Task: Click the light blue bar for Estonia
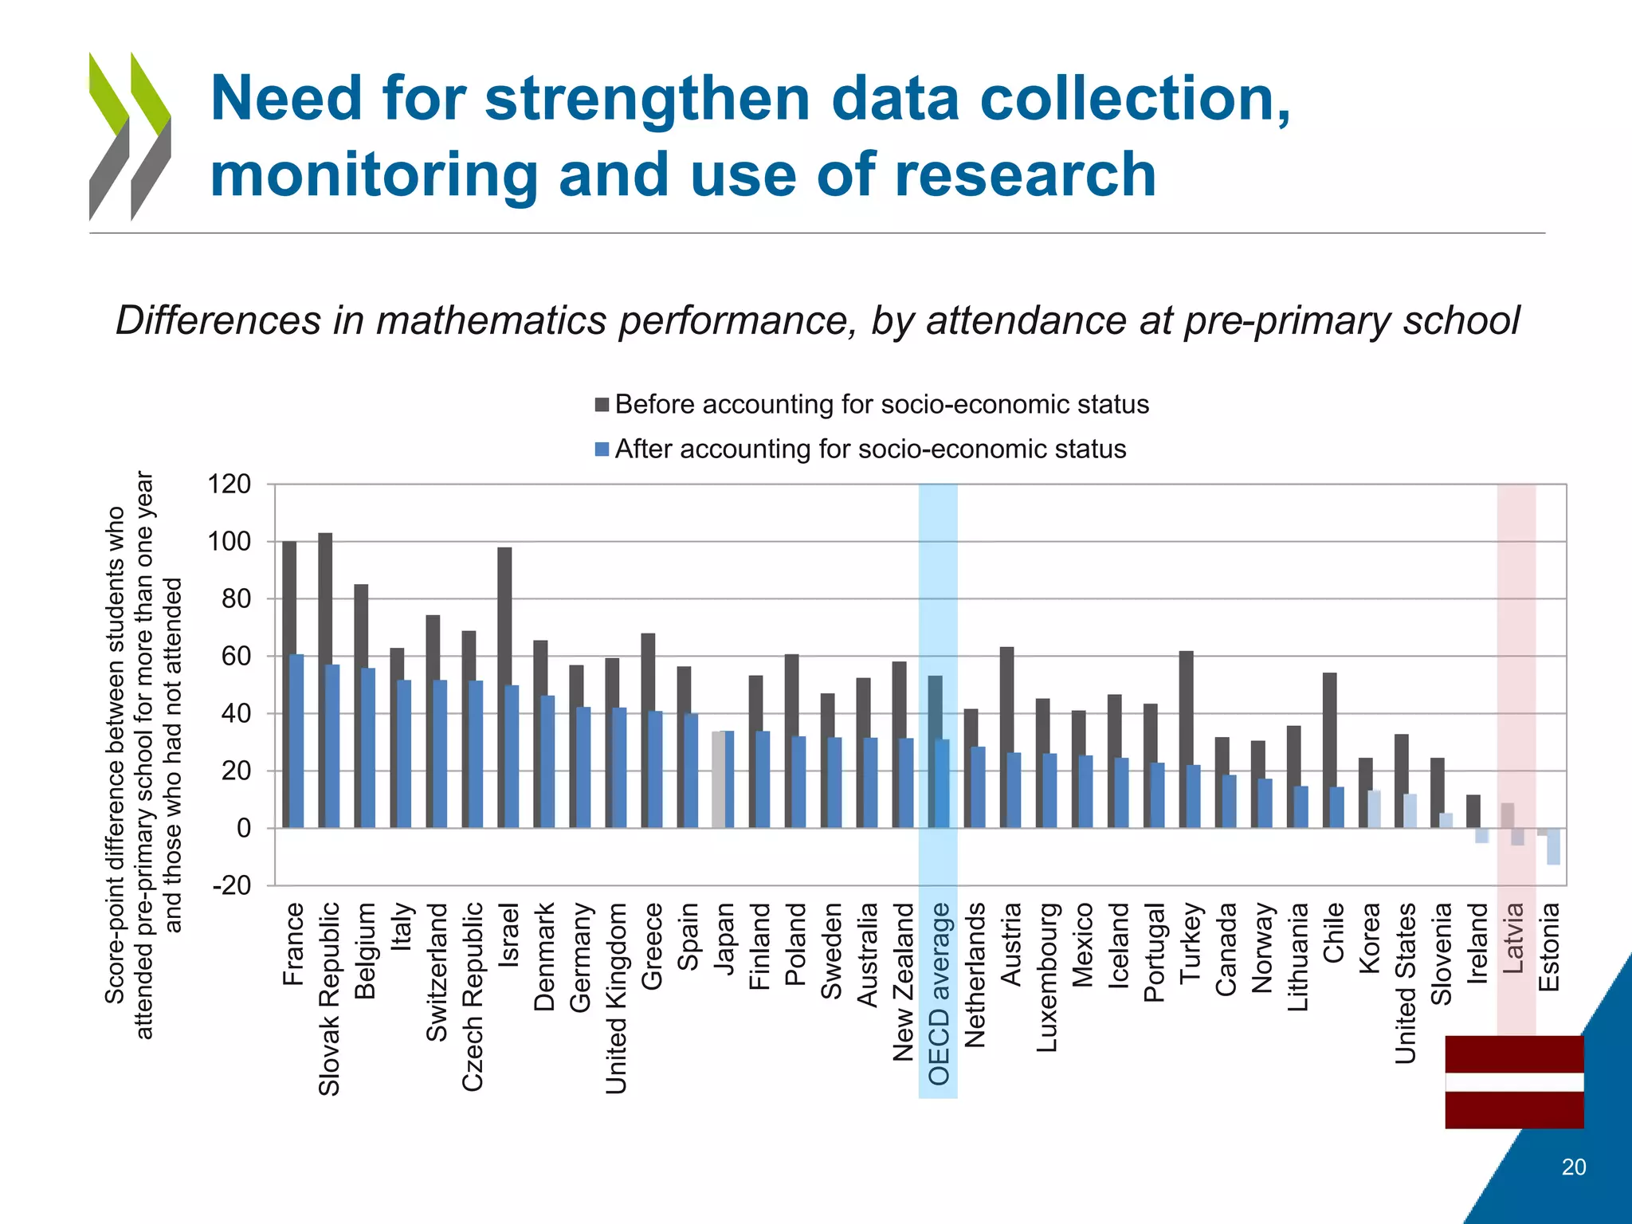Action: pyautogui.click(x=1553, y=846)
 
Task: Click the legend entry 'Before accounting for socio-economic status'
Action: pyautogui.click(x=881, y=405)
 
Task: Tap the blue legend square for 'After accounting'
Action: pyautogui.click(x=602, y=449)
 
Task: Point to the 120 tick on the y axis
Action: pyautogui.click(x=229, y=484)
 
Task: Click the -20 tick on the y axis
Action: pyautogui.click(x=231, y=885)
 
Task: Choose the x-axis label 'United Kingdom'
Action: pyautogui.click(x=616, y=998)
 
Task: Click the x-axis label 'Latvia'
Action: pyautogui.click(x=1513, y=937)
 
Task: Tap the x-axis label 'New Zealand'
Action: pyautogui.click(x=903, y=982)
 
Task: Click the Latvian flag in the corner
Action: pyautogui.click(x=1514, y=1081)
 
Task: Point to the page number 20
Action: pyautogui.click(x=1573, y=1167)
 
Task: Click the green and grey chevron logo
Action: pyautogui.click(x=130, y=135)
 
